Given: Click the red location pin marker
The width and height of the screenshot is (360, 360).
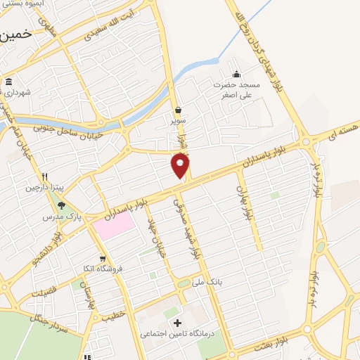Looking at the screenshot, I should click(x=181, y=166).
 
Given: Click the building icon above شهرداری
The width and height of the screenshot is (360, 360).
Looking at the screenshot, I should click(x=8, y=81).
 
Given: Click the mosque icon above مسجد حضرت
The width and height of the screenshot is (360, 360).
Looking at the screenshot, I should click(x=236, y=74).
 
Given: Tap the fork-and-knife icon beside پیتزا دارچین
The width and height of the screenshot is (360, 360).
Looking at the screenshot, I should click(x=44, y=176).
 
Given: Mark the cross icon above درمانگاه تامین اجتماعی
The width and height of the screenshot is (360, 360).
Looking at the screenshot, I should click(x=186, y=323).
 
